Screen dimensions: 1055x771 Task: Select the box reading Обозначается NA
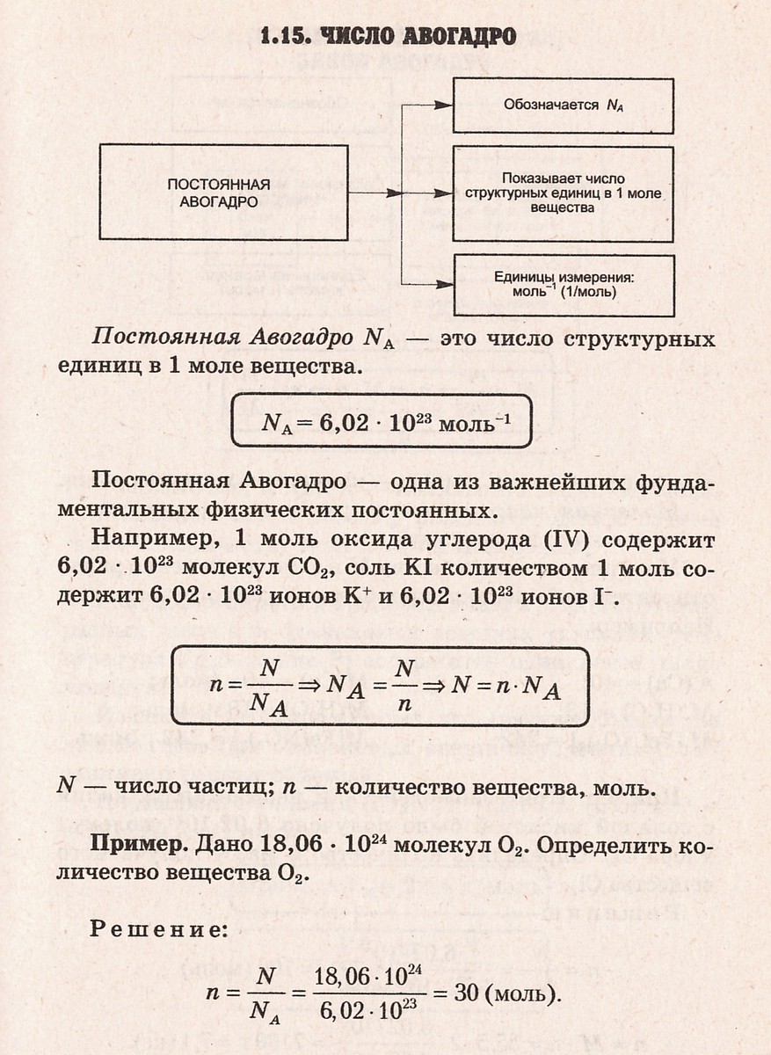(x=563, y=105)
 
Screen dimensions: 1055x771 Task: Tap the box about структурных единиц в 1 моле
(x=563, y=193)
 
